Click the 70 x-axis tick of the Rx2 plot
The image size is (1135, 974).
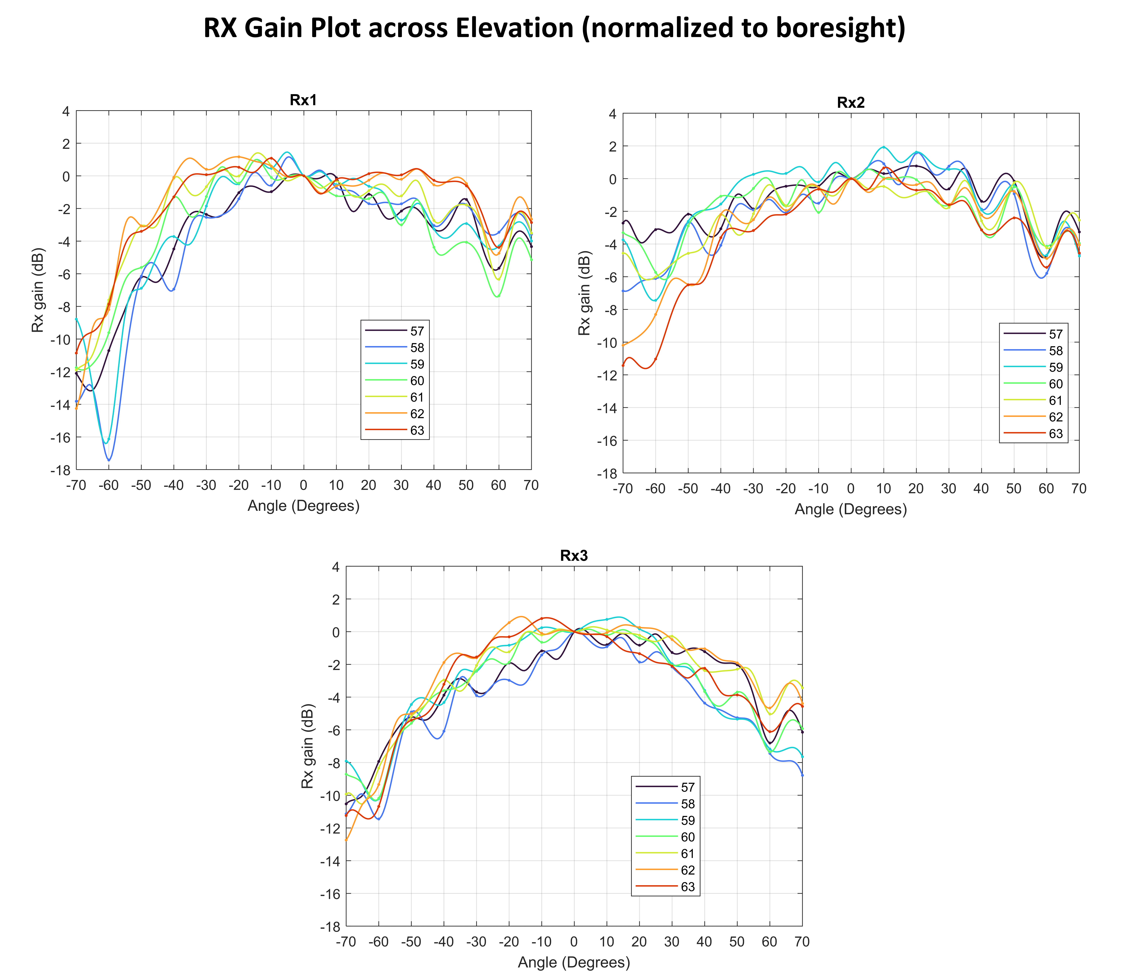[1079, 489]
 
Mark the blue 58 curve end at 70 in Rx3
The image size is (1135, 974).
[802, 775]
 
